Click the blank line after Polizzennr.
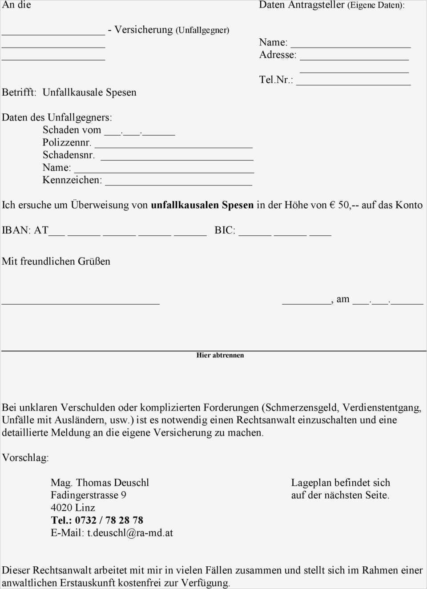pyautogui.click(x=173, y=146)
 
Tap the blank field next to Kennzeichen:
pyautogui.click(x=178, y=184)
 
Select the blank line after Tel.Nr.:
pyautogui.click(x=353, y=84)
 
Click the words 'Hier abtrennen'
pyautogui.click(x=220, y=355)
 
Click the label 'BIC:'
pyautogui.click(x=225, y=230)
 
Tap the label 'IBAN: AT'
pyautogui.click(x=25, y=230)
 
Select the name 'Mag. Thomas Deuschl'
pyautogui.click(x=100, y=483)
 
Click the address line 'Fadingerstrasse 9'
pyautogui.click(x=88, y=495)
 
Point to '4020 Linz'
pyautogui.click(x=73, y=508)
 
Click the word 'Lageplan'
pyautogui.click(x=311, y=483)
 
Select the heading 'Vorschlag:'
pyautogui.click(x=25, y=458)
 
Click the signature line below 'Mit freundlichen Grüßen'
pyautogui.click(x=81, y=303)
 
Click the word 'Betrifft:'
pyautogui.click(x=19, y=93)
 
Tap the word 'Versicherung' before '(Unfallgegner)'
pyautogui.click(x=143, y=30)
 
